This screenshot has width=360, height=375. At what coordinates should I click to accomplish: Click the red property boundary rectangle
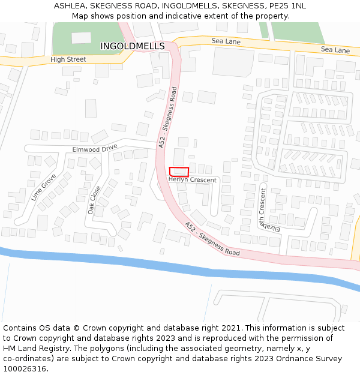coord(179,172)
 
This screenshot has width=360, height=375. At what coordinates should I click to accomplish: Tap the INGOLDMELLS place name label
coord(132,46)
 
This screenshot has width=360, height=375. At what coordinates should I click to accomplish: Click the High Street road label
coord(68,59)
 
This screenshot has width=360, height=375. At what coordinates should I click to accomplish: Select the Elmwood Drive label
coord(95,148)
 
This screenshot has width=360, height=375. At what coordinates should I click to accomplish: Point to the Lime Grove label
coord(43,187)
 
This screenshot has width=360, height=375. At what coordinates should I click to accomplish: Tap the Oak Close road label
coord(95,200)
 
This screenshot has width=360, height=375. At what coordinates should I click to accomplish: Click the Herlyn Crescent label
coord(192,179)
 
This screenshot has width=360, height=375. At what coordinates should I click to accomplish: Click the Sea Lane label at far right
coord(335,50)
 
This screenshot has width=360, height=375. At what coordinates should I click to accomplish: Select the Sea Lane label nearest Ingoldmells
coord(226,41)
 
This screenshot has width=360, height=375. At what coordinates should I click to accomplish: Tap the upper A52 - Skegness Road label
coord(168,118)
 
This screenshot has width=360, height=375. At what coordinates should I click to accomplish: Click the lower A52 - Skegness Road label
coord(212,239)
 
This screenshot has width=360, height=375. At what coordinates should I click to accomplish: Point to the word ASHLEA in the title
coord(70,5)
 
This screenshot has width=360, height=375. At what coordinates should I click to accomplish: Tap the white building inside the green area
coord(81,38)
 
